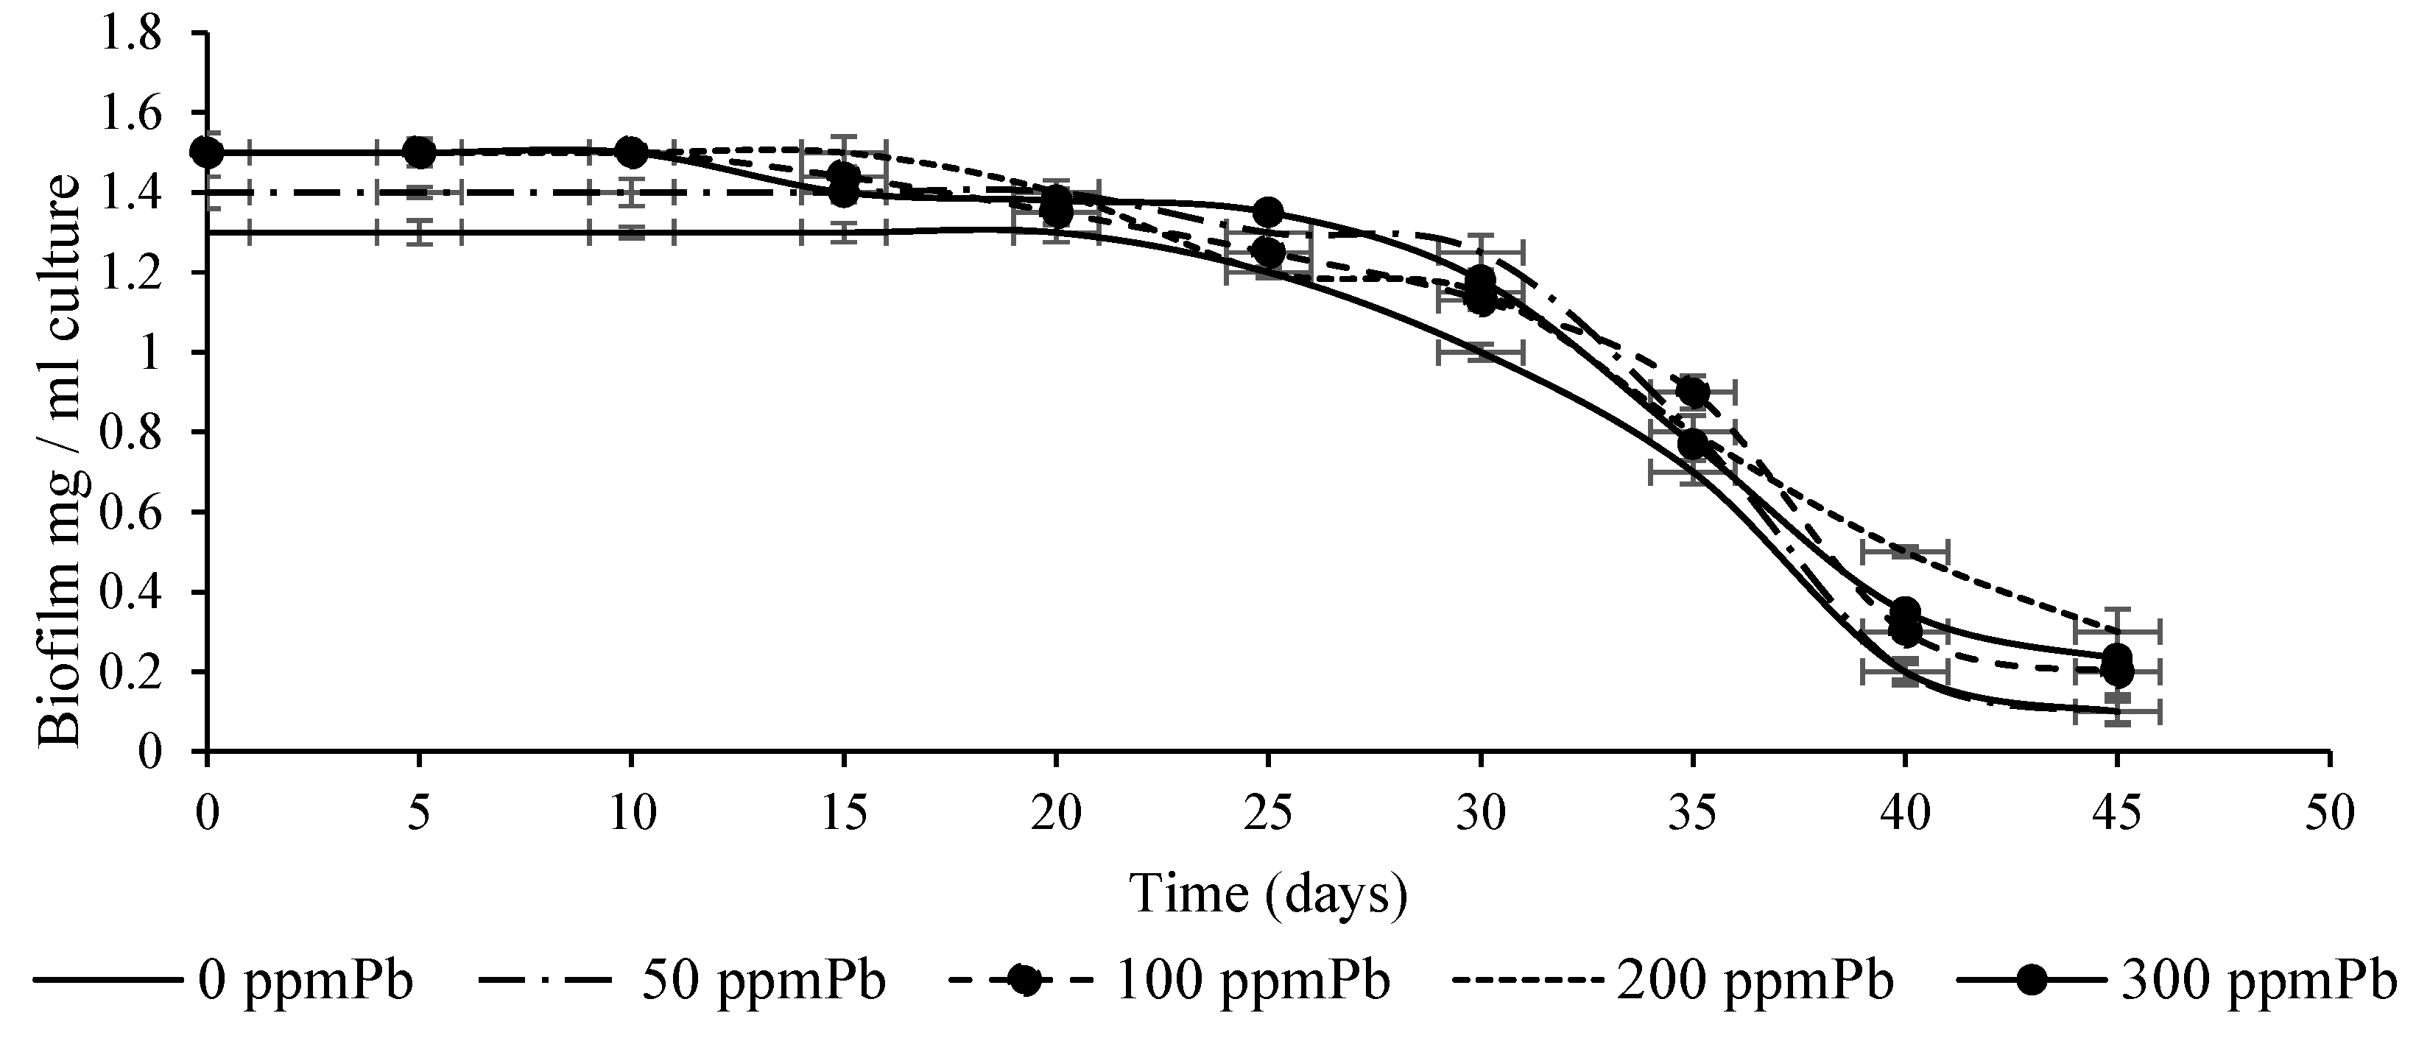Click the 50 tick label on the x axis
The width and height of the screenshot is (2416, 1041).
pos(2330,813)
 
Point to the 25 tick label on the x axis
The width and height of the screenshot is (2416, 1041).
pos(1269,813)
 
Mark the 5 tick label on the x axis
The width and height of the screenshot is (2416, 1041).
pos(419,813)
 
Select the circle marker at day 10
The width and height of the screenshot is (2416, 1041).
pos(631,151)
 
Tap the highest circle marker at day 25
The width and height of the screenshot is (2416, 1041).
pos(1268,211)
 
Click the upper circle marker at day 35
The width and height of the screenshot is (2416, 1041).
pos(1693,392)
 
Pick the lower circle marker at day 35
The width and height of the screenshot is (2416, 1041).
pos(1693,444)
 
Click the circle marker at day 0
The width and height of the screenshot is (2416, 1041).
pos(207,151)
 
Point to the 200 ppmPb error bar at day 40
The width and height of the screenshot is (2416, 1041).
pos(1905,551)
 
